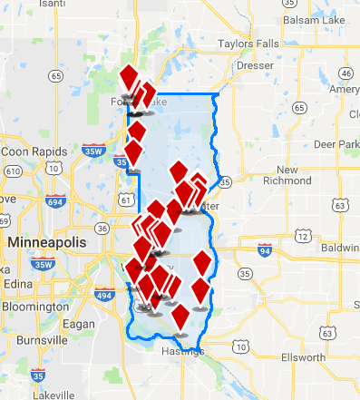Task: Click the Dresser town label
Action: pyautogui.click(x=254, y=66)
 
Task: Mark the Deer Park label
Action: pyautogui.click(x=336, y=144)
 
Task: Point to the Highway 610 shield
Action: pyautogui.click(x=14, y=171)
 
